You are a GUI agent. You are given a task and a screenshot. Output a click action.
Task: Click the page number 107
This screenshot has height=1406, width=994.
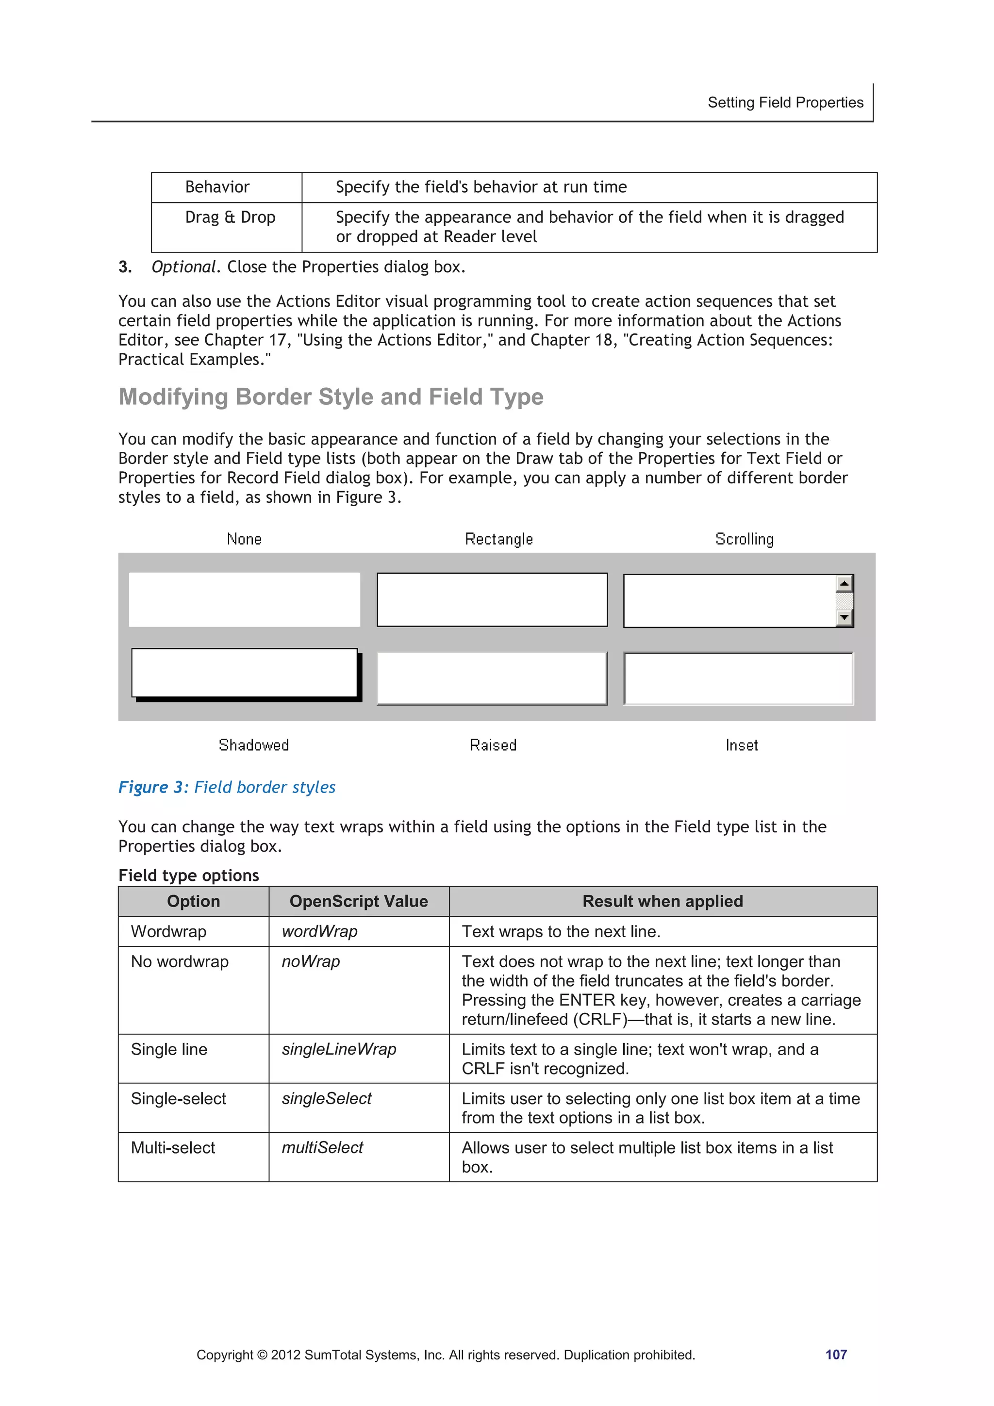coord(835,1354)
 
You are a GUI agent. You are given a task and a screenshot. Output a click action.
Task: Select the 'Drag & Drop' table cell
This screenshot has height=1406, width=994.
coord(230,217)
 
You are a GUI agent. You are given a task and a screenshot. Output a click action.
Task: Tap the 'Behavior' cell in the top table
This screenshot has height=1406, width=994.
coord(217,187)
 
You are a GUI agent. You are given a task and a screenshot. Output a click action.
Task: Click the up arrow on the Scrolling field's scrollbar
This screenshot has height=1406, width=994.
coord(844,583)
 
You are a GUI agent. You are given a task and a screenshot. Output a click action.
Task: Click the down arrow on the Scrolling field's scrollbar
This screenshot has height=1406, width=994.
coord(844,617)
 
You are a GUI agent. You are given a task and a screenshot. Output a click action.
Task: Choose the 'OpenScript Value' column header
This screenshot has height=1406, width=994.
coord(358,901)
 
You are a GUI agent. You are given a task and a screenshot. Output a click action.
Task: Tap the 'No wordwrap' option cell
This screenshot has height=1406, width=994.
coord(180,961)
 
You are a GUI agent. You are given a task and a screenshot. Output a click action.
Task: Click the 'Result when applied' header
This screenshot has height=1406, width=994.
coord(662,901)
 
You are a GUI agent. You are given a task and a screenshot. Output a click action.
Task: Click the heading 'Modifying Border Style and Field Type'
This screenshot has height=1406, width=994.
coord(331,397)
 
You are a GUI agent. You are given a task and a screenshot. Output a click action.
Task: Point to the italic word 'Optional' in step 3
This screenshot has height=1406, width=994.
coord(183,267)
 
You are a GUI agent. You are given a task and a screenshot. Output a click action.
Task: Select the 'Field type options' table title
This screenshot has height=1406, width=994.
coord(189,875)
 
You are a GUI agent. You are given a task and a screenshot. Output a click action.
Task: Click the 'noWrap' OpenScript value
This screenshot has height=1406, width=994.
coord(311,961)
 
